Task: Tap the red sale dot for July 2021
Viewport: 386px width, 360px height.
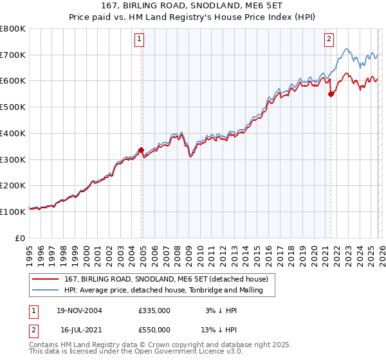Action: pos(331,94)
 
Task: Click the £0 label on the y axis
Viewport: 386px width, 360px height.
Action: pos(21,238)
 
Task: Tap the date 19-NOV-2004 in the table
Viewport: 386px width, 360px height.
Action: pos(79,310)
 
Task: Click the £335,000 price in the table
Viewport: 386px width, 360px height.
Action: pos(154,310)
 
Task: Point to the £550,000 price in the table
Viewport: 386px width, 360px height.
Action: pos(154,329)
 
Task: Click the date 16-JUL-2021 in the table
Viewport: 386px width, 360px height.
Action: pos(79,329)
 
